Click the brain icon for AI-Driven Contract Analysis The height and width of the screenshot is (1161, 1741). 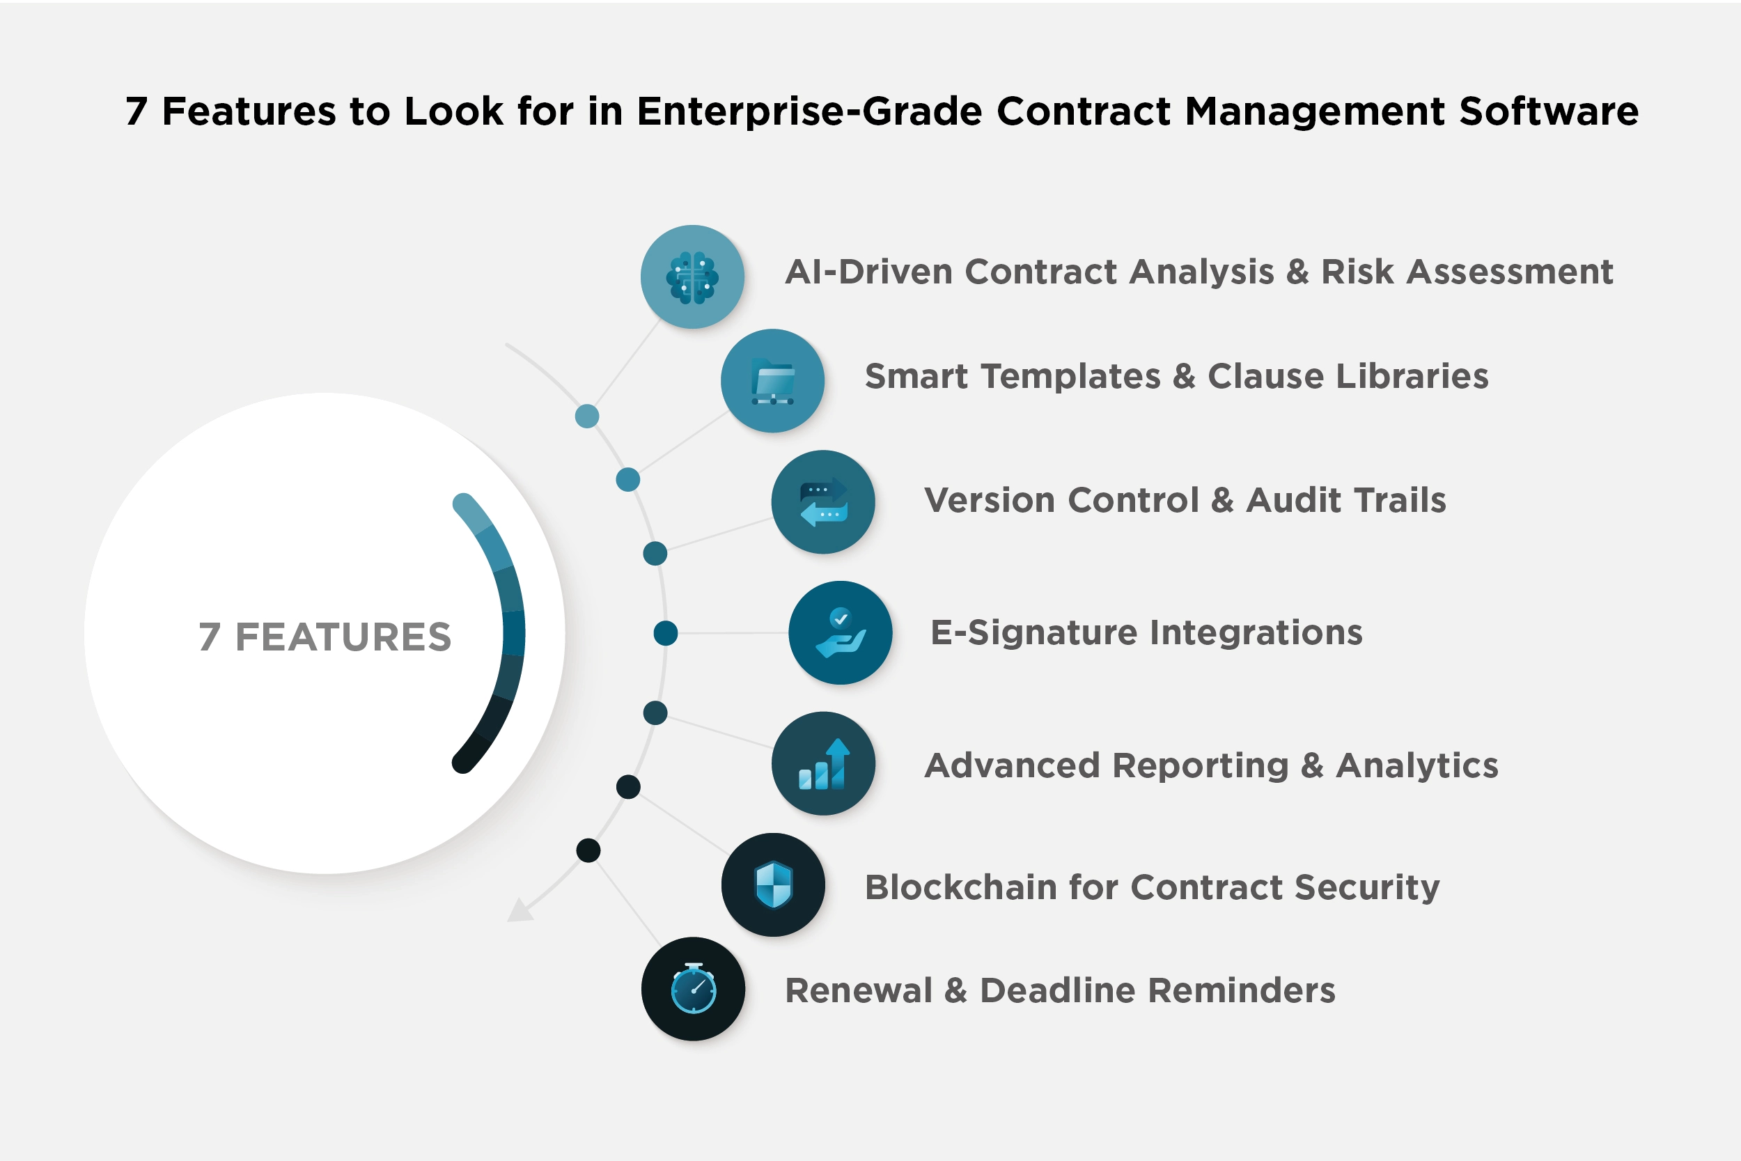(x=692, y=277)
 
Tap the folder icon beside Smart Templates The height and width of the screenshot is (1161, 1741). (x=772, y=380)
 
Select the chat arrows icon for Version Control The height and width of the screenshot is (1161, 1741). (x=823, y=502)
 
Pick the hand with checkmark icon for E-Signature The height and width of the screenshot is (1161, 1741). (x=840, y=633)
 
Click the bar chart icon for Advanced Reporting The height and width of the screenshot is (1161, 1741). (x=823, y=763)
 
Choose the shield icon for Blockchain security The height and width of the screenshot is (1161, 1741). (x=773, y=885)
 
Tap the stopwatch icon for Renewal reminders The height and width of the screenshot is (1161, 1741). (x=693, y=989)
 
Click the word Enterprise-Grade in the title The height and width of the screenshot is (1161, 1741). (x=809, y=112)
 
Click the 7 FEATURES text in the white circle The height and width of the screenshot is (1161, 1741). (x=325, y=637)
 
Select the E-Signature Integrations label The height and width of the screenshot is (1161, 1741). (x=1146, y=633)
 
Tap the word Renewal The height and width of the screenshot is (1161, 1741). (x=858, y=990)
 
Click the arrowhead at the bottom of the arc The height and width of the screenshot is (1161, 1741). (x=520, y=911)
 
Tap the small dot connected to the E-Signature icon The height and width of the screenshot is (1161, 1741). (x=666, y=633)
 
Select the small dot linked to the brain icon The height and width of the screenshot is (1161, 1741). (x=587, y=416)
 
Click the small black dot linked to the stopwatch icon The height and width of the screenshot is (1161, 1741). (x=588, y=850)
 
